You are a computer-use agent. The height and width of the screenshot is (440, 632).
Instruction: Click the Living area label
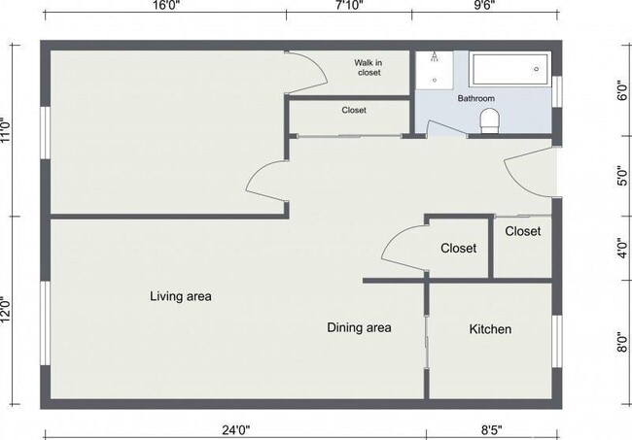pos(181,296)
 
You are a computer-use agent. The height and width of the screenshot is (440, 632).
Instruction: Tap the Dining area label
pos(359,327)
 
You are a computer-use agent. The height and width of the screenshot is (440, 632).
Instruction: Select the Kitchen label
pos(490,329)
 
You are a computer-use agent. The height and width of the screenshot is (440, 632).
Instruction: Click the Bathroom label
pos(476,98)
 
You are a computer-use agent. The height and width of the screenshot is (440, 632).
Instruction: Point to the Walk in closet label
pos(369,68)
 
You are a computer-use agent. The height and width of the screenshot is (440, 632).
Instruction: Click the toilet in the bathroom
pos(490,121)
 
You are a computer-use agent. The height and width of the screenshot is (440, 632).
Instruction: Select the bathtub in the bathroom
pos(509,69)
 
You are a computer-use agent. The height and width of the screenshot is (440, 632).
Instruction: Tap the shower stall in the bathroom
pos(434,70)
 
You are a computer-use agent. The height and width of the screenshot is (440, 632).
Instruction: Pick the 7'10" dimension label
pos(349,5)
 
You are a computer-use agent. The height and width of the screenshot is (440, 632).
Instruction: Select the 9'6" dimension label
pos(484,5)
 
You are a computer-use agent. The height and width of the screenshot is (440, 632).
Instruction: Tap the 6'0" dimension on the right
pos(622,90)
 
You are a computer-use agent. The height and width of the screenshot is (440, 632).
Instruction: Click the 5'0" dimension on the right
pos(622,176)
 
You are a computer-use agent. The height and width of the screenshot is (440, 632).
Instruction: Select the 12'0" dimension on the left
pos(6,309)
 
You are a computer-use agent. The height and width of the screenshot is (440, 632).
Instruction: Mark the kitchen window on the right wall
pos(556,341)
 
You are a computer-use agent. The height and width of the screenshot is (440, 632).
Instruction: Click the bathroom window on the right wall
pos(556,91)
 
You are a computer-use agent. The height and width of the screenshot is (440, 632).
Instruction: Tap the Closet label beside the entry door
pos(523,231)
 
